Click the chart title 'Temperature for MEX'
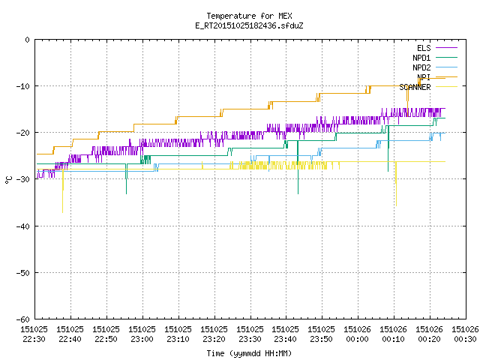249,16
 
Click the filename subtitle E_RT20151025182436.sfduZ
249,25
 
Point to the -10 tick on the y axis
23,86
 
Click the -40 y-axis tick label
23,226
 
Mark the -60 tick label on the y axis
23,319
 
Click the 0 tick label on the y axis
28,40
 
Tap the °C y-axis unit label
8,180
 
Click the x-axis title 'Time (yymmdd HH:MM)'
249,353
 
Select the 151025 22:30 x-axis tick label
34,334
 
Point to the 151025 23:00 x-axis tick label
142,334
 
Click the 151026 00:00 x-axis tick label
357,334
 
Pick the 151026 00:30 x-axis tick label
465,334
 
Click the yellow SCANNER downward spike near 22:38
63,190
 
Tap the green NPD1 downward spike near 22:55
126,178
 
